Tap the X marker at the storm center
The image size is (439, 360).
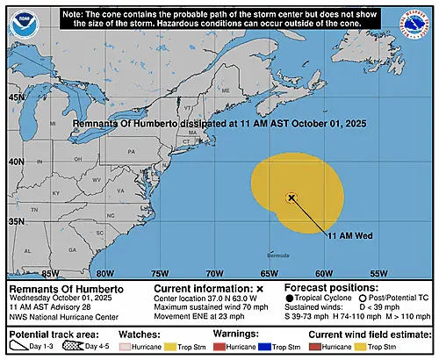pos(291,198)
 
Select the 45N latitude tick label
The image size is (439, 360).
pos(16,97)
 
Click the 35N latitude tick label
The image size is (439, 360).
pos(16,221)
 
